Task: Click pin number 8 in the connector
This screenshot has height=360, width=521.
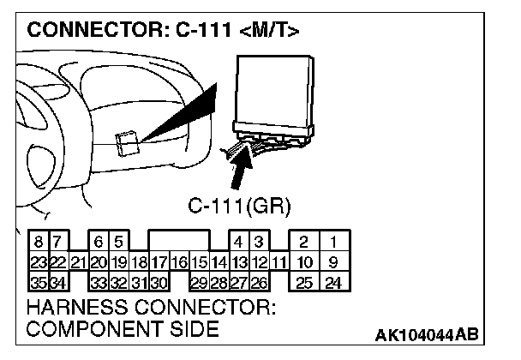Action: tap(38, 245)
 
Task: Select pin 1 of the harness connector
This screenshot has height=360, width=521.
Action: tap(333, 245)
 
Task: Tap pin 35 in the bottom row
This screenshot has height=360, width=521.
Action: tap(38, 280)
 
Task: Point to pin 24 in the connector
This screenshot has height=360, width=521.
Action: tap(333, 280)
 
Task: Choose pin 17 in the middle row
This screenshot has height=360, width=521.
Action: tap(159, 262)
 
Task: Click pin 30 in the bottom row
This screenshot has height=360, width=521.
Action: tap(159, 280)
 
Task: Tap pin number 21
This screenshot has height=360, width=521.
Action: tap(77, 262)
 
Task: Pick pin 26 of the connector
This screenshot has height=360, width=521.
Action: tap(258, 280)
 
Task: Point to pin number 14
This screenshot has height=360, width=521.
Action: tap(219, 262)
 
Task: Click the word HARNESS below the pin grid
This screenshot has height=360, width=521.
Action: tap(74, 307)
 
